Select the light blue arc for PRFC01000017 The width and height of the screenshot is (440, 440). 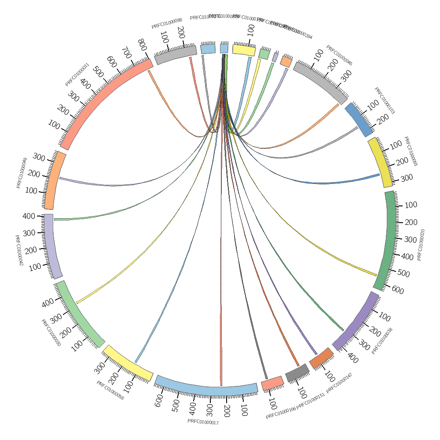(x=207, y=387)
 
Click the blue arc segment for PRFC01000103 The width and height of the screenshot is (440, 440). (x=358, y=119)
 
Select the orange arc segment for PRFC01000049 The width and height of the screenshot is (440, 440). (x=55, y=180)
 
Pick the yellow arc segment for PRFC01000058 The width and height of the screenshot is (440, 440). (x=128, y=363)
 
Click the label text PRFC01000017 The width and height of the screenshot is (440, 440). (x=203, y=422)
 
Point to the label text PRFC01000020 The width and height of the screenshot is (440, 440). (x=421, y=245)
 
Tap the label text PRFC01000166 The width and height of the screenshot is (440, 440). (x=281, y=416)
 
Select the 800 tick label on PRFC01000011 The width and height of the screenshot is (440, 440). (x=141, y=44)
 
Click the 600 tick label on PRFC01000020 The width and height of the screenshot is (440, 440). (x=397, y=290)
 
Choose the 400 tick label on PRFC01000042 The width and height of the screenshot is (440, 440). (x=29, y=216)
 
